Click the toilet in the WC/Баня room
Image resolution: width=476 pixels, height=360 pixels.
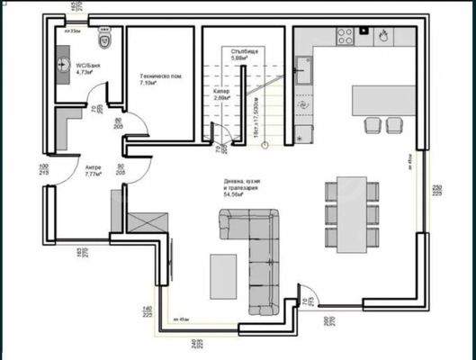coord(103,41)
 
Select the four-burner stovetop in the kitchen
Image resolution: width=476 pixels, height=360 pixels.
coord(345,36)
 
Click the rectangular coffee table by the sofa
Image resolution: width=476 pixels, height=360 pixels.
coord(222,273)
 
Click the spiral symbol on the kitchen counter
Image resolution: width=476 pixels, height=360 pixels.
coord(303,103)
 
